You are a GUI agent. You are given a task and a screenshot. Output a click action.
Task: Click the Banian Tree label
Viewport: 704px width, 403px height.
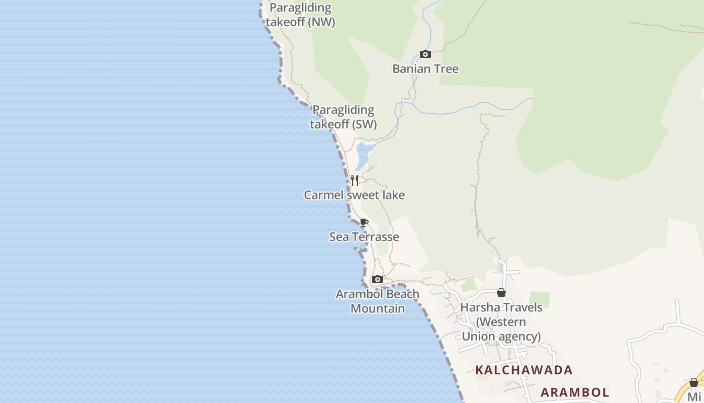(x=425, y=69)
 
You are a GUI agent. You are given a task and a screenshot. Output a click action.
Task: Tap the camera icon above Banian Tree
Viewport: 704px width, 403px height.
(x=425, y=54)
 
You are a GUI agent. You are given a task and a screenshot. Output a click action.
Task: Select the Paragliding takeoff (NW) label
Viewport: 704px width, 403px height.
(x=301, y=15)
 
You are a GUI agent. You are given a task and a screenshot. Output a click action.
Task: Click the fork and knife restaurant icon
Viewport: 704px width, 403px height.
(x=355, y=180)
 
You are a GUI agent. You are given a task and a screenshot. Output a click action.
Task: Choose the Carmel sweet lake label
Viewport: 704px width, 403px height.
(x=354, y=195)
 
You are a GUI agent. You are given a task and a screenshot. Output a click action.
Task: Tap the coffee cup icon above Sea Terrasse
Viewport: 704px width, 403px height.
(x=364, y=223)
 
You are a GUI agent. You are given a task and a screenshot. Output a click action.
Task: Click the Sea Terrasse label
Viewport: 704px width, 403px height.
(x=364, y=237)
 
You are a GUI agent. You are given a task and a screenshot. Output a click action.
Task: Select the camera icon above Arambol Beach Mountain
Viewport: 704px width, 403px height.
(x=378, y=280)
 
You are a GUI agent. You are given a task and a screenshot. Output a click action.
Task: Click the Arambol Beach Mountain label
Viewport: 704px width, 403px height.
(x=378, y=301)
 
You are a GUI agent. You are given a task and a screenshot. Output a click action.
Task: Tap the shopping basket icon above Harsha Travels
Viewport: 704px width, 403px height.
(x=501, y=293)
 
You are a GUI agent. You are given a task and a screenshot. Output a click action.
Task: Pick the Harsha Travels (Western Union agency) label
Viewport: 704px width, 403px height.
(x=501, y=322)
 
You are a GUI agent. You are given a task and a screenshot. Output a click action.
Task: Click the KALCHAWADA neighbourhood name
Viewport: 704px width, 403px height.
(x=524, y=370)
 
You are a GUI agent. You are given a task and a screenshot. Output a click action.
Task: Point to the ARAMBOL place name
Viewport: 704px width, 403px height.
(x=575, y=392)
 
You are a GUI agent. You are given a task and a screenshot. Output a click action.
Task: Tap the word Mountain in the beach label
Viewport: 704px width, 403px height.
(x=378, y=308)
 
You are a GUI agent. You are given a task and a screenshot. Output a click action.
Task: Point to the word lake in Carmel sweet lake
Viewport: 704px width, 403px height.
(x=393, y=195)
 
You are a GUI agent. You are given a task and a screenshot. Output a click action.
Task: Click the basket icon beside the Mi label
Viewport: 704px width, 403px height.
(x=694, y=382)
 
